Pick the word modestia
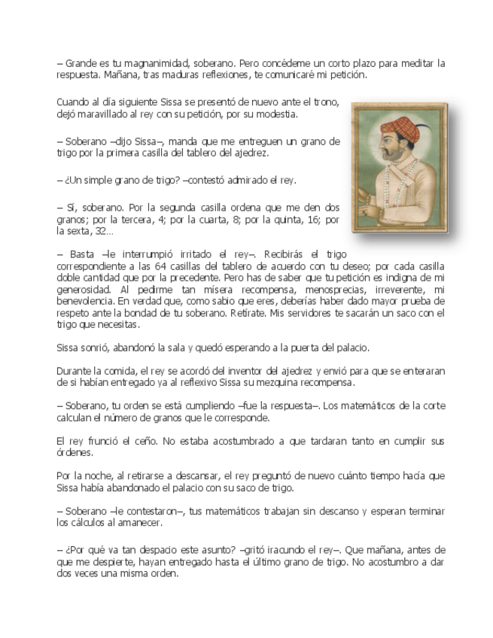274,114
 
